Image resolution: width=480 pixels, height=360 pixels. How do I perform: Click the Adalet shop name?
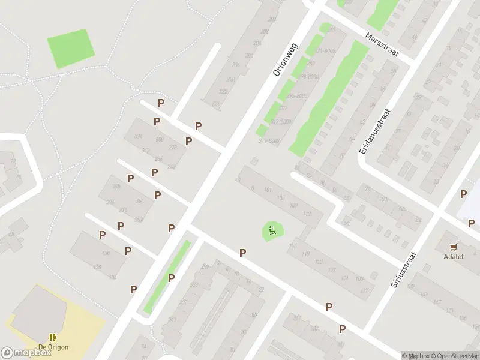454,257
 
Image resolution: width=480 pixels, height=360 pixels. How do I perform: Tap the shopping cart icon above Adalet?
454,246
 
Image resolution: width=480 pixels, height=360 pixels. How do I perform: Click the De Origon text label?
53,347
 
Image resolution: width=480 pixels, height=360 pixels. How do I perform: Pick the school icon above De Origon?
53,337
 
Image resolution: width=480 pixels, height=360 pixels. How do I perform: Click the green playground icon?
272,230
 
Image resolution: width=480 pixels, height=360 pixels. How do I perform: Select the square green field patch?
71,49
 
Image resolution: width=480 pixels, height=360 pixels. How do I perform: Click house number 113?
307,214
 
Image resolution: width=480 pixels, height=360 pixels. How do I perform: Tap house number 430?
106,253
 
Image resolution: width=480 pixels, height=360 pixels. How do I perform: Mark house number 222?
223,92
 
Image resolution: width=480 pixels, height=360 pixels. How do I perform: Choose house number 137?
364,290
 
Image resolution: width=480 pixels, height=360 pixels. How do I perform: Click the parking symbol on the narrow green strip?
171,278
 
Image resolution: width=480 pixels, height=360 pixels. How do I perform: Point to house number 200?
271,19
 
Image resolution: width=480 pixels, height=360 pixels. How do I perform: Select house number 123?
319,262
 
